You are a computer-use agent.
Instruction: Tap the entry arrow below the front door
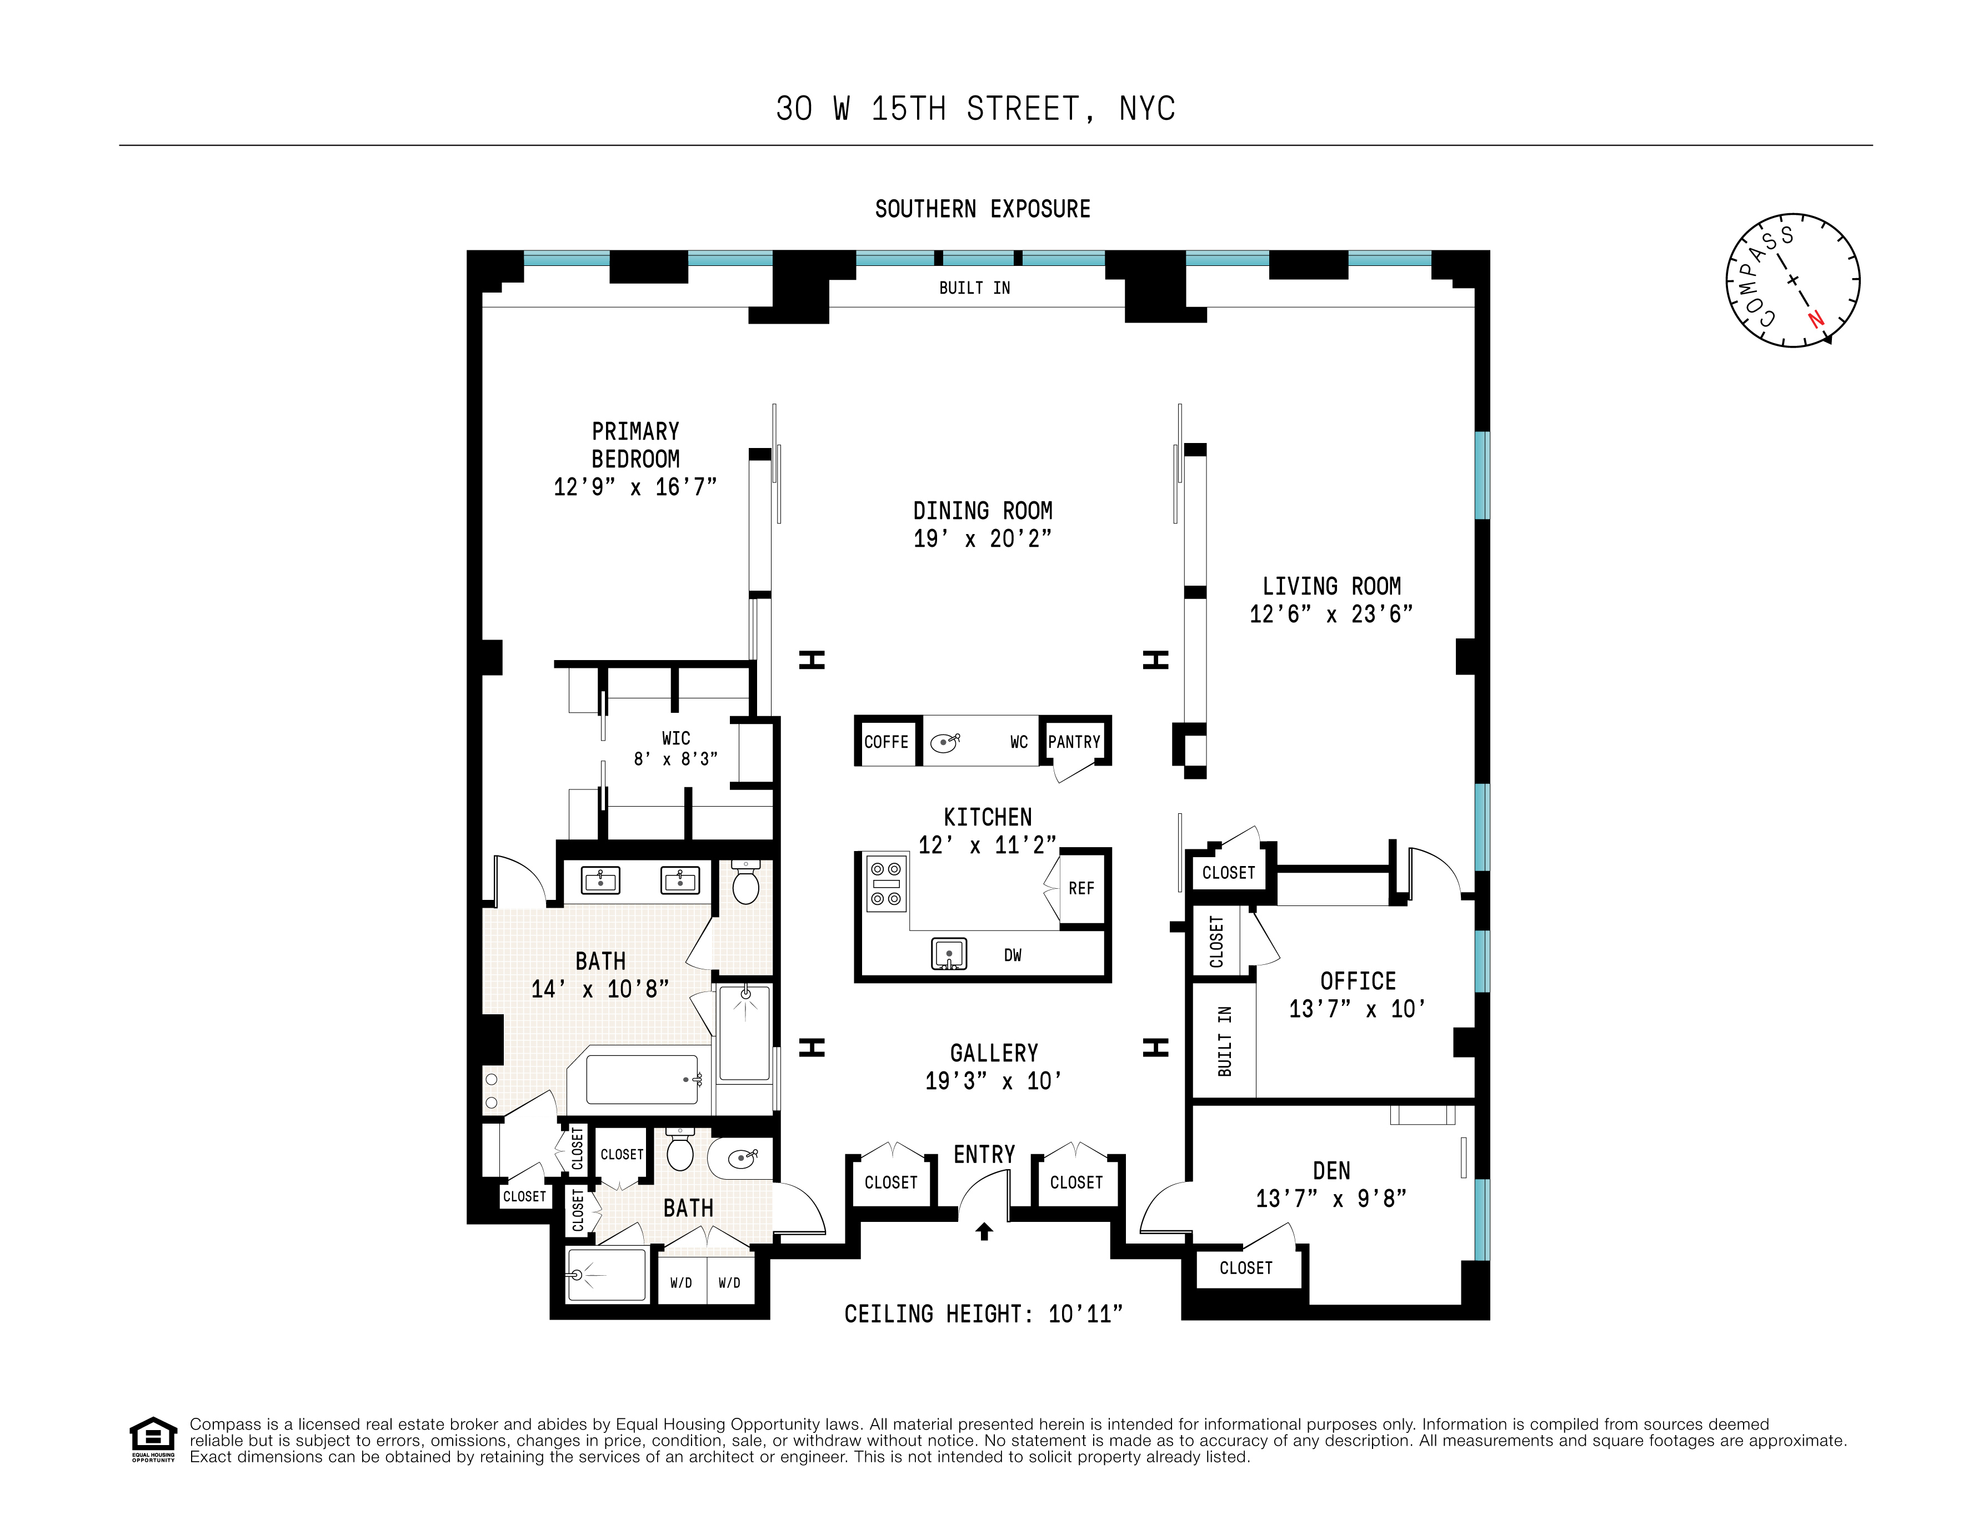tap(984, 1232)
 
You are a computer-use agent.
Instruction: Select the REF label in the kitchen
tap(1081, 888)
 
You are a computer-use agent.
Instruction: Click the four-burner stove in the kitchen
tap(885, 883)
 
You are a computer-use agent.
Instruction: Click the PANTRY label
tap(1074, 742)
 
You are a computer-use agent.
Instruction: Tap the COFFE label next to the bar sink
tap(887, 742)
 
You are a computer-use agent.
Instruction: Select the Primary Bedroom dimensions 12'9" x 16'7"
tap(635, 487)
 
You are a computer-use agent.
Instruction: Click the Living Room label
tap(1331, 586)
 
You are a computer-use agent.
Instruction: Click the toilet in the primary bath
tap(745, 883)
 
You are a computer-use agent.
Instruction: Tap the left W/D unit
tap(681, 1283)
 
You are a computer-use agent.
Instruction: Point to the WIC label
tap(675, 738)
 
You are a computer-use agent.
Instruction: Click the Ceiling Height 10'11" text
tap(983, 1314)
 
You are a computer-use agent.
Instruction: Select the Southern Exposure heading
tap(982, 209)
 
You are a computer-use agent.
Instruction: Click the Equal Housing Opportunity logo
tap(153, 1438)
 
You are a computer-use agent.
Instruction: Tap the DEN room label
tap(1331, 1171)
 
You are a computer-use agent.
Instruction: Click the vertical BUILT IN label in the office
tap(1224, 1041)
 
